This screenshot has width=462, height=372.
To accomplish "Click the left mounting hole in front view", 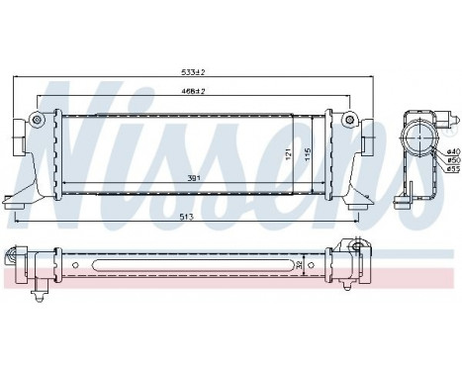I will point(38,121).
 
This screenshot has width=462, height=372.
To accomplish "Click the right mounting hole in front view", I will point(347,121).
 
